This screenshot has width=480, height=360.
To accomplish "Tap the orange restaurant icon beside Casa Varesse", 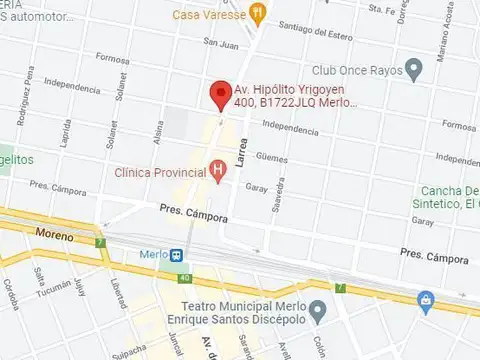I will coord(258,14).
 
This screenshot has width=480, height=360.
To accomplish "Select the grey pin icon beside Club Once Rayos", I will coord(414,70).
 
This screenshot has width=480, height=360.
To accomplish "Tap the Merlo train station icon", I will coord(176,255).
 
